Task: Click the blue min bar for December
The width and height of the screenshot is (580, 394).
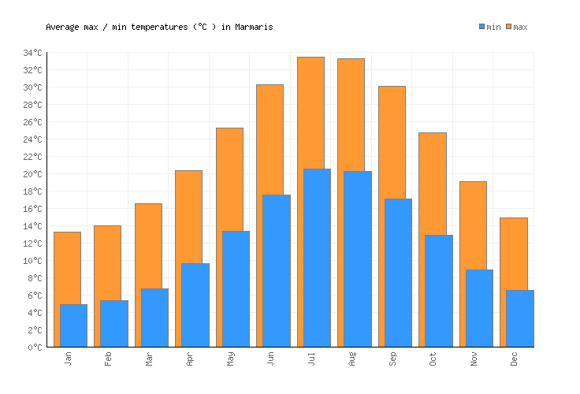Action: point(519,318)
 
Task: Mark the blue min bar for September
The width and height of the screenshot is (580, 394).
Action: point(398,273)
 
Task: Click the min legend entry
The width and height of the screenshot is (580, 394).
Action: point(489,27)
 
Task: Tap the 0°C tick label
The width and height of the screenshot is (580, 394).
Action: point(37,348)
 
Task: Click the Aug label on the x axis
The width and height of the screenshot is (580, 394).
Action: point(352,359)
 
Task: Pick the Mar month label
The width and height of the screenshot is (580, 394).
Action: point(150,359)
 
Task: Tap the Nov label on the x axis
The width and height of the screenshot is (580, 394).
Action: point(474,359)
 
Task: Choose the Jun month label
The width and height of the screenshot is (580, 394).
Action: point(271,359)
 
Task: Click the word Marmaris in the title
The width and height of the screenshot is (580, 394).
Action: point(254,27)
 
